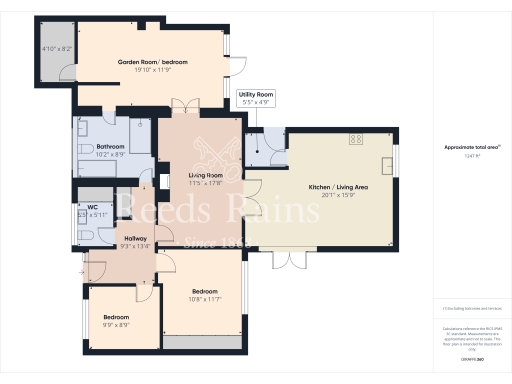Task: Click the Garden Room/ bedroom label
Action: [152, 62]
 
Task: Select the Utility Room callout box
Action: [256, 98]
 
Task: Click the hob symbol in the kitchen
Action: [355, 140]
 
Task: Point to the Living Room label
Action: [205, 175]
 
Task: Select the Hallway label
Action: [135, 238]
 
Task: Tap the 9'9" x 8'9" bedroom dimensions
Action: [116, 325]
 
